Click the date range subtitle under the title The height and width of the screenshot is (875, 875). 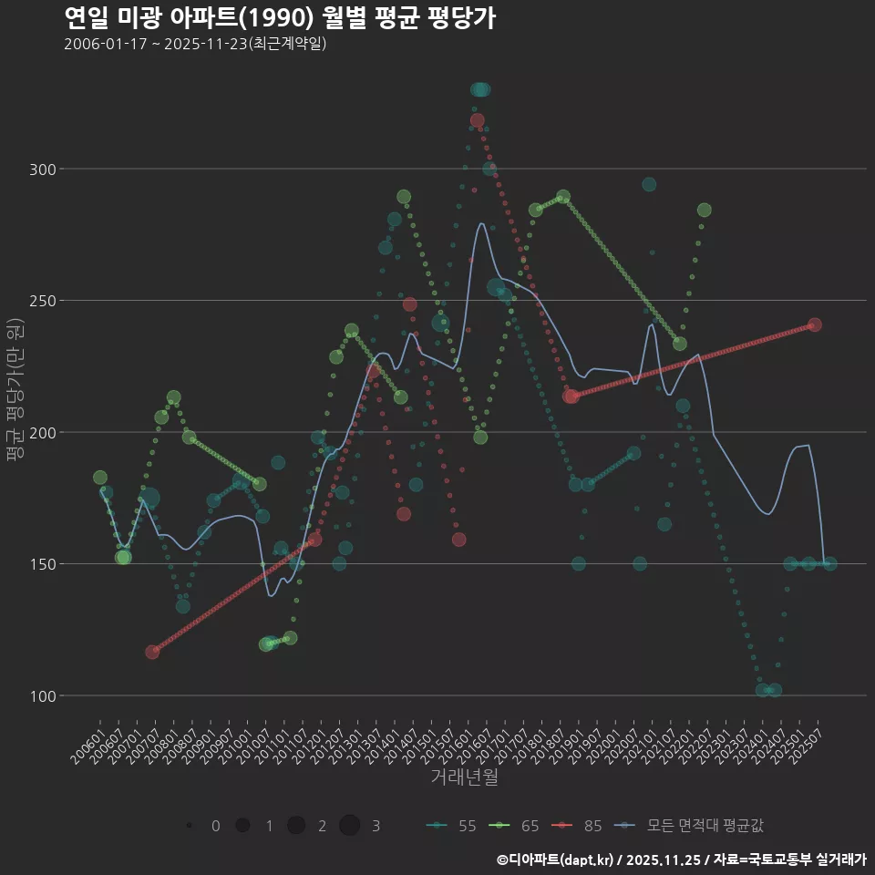click(x=195, y=44)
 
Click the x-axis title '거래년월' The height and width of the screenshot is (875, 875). click(x=464, y=777)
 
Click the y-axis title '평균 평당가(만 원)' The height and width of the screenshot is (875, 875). click(x=15, y=392)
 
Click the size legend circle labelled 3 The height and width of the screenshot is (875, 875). click(x=349, y=826)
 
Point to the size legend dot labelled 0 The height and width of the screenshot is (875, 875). click(x=189, y=826)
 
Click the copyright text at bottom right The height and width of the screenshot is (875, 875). click(x=681, y=860)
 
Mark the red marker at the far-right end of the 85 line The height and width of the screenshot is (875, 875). click(x=815, y=324)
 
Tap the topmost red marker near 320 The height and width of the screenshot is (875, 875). click(x=478, y=120)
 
